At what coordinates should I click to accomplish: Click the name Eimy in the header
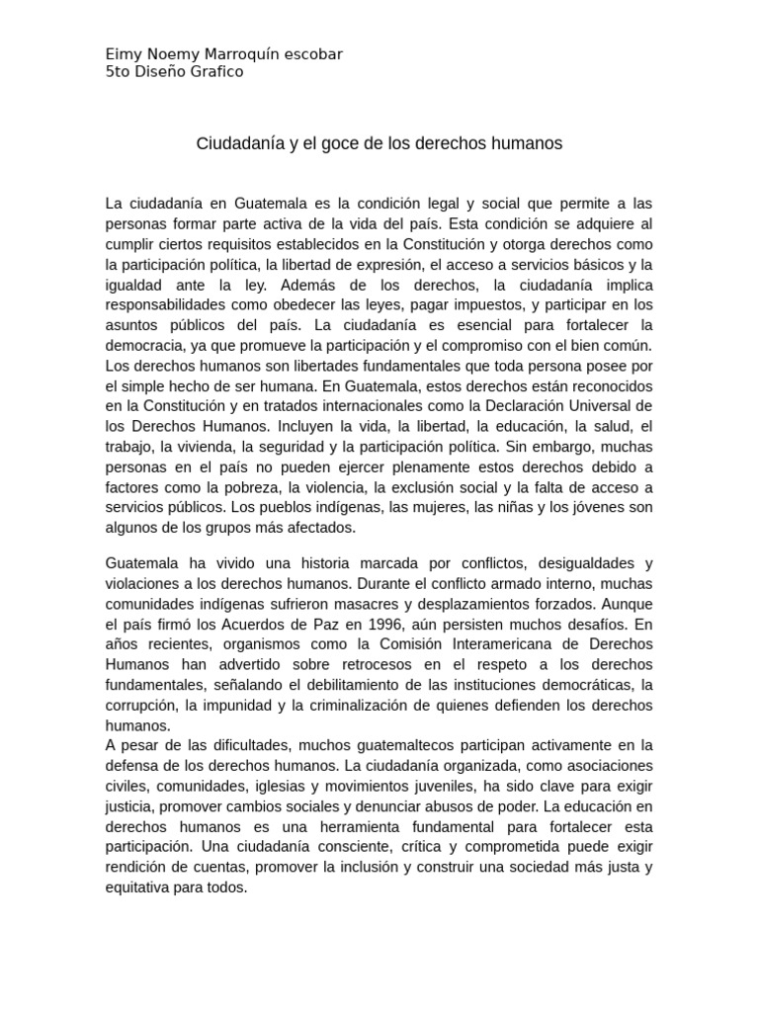[122, 54]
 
